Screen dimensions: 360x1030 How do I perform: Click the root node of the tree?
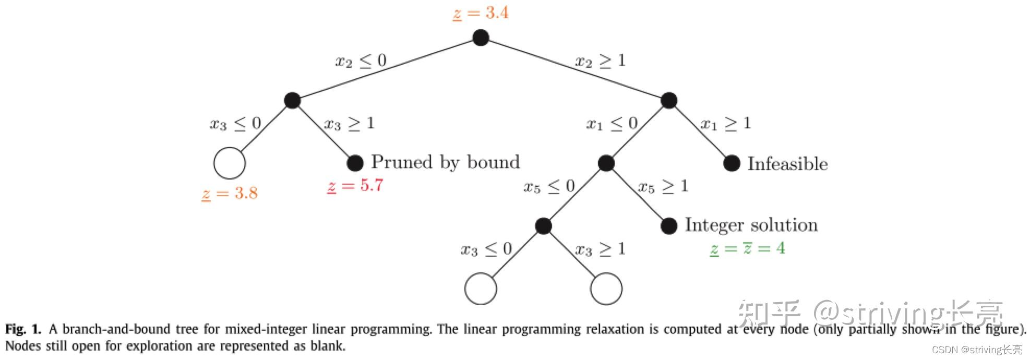pos(481,38)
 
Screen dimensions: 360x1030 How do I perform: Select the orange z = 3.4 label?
pos(481,13)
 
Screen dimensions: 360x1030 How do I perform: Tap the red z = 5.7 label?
pos(355,186)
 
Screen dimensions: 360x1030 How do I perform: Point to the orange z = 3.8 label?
pos(230,194)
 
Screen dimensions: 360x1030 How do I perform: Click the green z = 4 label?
pos(747,248)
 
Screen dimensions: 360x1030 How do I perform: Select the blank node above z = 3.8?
pos(230,163)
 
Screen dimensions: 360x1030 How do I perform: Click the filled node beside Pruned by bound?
pos(355,163)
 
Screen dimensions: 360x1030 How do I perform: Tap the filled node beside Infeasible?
pos(732,163)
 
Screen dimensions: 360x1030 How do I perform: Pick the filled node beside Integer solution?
pos(669,226)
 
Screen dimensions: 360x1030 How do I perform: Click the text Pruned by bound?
pos(446,162)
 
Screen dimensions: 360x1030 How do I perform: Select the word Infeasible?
pos(787,164)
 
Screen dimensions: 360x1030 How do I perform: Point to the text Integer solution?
pos(751,225)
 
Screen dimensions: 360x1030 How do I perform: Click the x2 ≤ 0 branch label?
pos(361,61)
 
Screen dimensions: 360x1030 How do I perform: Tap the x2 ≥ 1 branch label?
pos(601,61)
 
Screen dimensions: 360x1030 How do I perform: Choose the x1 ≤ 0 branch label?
pos(612,124)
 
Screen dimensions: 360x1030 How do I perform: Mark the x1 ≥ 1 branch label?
pos(726,124)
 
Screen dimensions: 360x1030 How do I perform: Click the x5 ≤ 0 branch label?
pos(549,187)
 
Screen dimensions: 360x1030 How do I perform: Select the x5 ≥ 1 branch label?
pos(663,187)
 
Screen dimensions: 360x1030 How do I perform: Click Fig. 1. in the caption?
pos(23,329)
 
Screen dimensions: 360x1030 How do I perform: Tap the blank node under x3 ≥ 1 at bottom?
pos(606,289)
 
